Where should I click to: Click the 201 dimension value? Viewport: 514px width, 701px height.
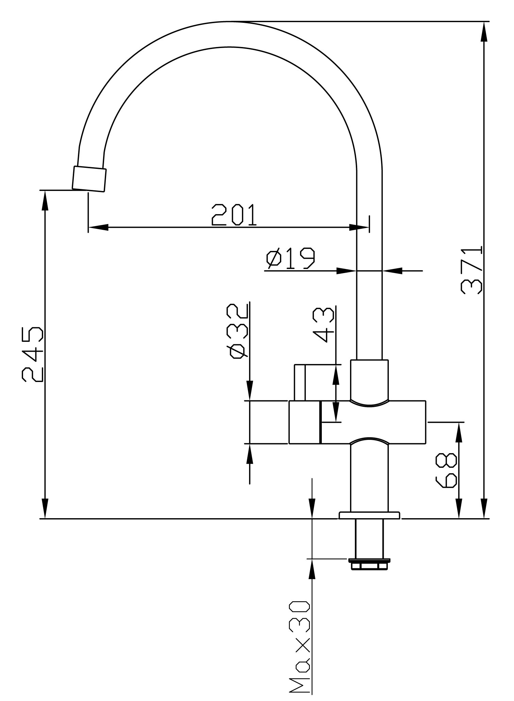pyautogui.click(x=234, y=215)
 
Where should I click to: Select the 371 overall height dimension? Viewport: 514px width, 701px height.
pyautogui.click(x=472, y=270)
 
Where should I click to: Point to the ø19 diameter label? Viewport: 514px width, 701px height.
pyautogui.click(x=291, y=259)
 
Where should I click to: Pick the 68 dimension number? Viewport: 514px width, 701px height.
pyautogui.click(x=446, y=471)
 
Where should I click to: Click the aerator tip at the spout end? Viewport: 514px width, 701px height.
pyautogui.click(x=89, y=179)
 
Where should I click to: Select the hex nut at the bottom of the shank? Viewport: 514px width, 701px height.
pyautogui.click(x=369, y=565)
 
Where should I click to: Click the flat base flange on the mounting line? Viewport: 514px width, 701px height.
pyautogui.click(x=369, y=515)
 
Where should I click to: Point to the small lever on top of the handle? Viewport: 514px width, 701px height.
pyautogui.click(x=300, y=382)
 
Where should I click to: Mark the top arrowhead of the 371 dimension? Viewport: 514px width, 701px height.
pyautogui.click(x=485, y=32)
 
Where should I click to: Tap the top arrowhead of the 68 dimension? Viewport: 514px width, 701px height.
pyautogui.click(x=459, y=432)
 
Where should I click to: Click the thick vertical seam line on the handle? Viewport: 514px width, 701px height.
pyautogui.click(x=320, y=422)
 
